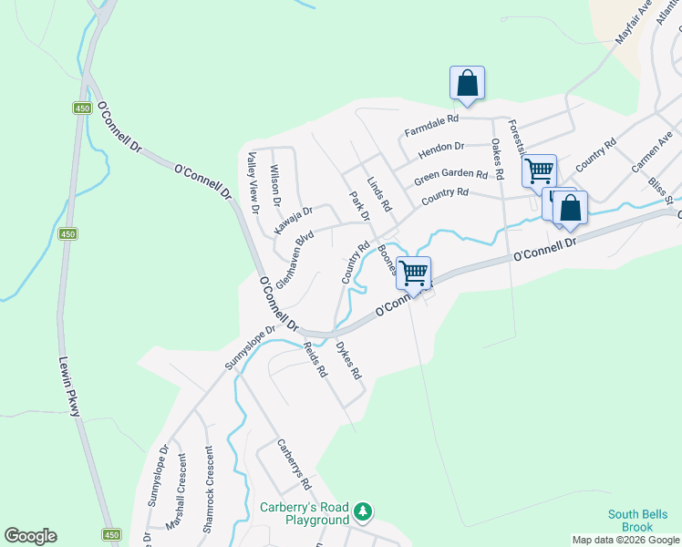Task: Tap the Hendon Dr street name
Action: pyautogui.click(x=441, y=147)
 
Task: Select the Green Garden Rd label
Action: pyautogui.click(x=450, y=175)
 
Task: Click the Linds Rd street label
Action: pyautogui.click(x=378, y=195)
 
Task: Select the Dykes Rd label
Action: pyautogui.click(x=348, y=361)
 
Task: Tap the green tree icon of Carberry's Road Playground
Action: pyautogui.click(x=364, y=511)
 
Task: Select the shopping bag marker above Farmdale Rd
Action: pyautogui.click(x=467, y=83)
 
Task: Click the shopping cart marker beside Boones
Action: pyautogui.click(x=414, y=273)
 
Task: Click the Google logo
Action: pyautogui.click(x=30, y=536)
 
